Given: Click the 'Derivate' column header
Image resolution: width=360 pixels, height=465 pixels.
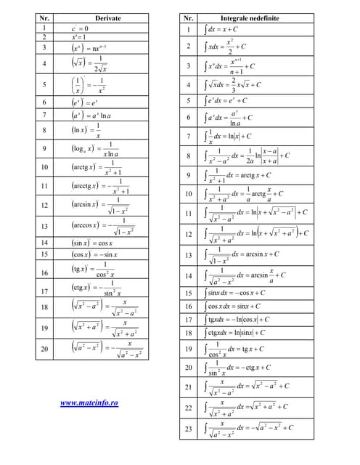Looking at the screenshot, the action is tap(107, 17).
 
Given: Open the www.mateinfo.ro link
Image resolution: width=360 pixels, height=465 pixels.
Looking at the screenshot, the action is tap(89, 402).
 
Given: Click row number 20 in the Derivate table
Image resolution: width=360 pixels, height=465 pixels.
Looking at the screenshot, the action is tap(44, 349).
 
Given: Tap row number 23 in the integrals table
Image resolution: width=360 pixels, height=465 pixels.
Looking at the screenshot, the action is tap(188, 429).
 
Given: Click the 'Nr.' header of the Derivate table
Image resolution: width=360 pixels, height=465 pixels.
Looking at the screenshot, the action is tap(44, 17).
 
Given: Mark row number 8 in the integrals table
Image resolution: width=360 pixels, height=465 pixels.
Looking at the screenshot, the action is tap(188, 155).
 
